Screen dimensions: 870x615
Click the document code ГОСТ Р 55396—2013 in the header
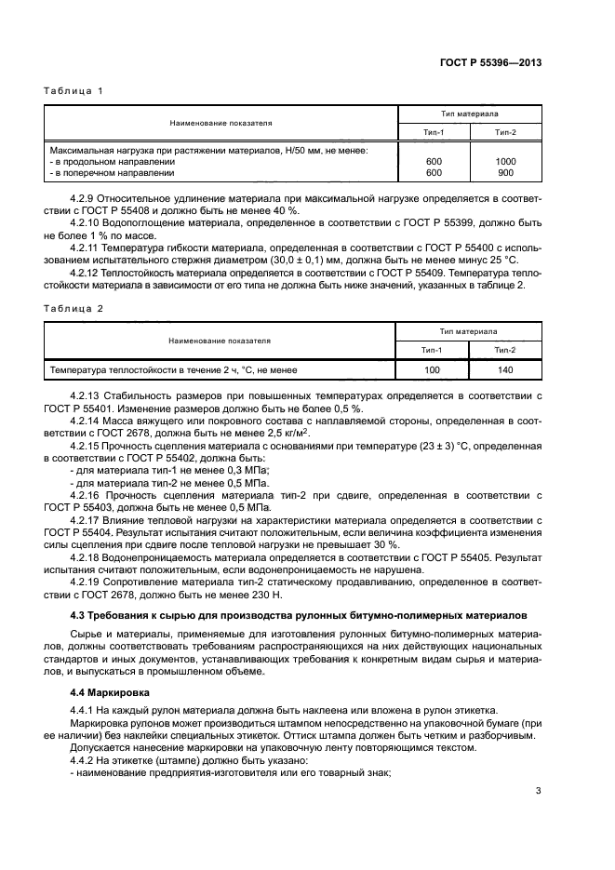(x=490, y=64)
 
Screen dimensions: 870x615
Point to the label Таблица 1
(x=74, y=90)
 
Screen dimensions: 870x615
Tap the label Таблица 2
(x=74, y=307)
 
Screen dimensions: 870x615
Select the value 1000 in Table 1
(x=506, y=161)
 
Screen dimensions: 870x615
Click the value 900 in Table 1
(x=506, y=172)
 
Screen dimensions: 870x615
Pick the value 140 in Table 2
(x=506, y=370)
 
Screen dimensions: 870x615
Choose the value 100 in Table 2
(x=433, y=370)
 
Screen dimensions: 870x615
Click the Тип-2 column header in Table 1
(x=506, y=133)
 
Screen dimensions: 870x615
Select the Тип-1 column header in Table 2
(x=433, y=349)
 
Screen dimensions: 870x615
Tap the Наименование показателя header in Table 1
(x=221, y=123)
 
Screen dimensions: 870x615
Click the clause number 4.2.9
(x=86, y=199)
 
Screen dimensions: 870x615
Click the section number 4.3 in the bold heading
(x=77, y=615)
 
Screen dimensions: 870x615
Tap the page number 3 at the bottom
(x=539, y=792)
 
